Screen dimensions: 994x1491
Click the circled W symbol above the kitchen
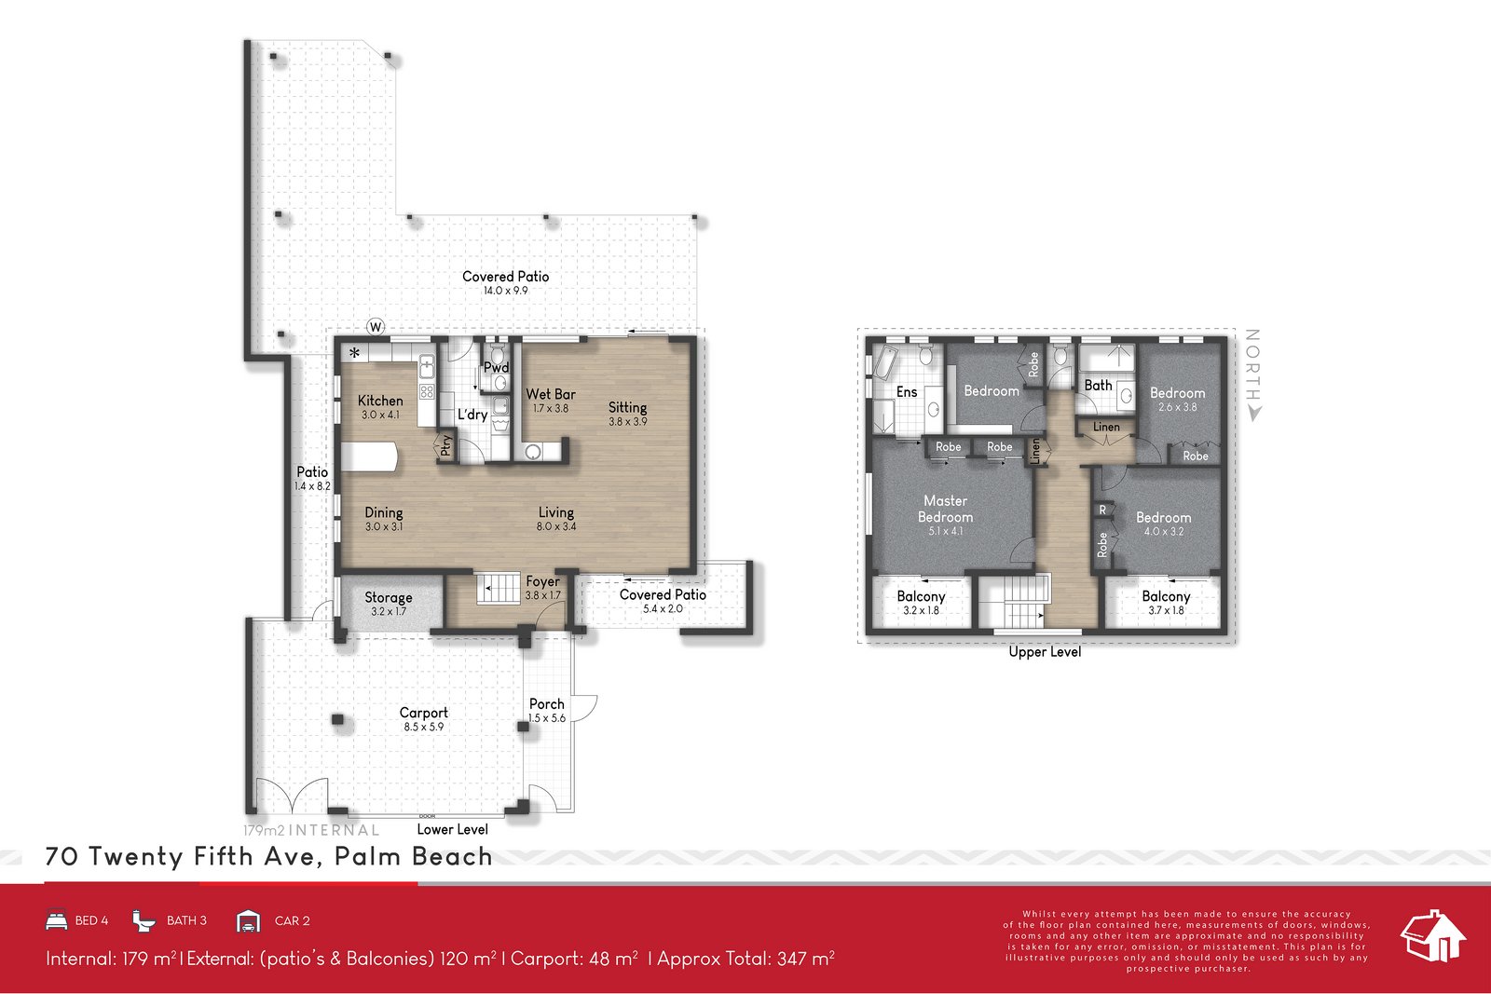coord(376,326)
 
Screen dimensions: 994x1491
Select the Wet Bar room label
coord(550,394)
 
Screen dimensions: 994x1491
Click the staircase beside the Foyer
coord(499,589)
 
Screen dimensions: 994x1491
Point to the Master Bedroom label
coord(945,509)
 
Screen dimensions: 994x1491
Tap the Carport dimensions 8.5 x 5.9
coord(423,727)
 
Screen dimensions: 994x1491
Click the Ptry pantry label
coord(446,446)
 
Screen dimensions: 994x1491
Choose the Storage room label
coord(388,597)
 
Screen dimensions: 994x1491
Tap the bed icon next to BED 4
coord(57,920)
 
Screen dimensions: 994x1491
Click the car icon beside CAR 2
coord(248,921)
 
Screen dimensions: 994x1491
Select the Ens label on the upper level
coord(906,392)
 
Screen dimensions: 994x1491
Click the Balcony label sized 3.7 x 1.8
coord(1166,596)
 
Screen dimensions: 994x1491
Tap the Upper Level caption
coord(1045,652)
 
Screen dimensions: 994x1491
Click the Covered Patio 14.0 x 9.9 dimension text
coord(505,291)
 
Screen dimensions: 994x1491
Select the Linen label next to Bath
coord(1106,427)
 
